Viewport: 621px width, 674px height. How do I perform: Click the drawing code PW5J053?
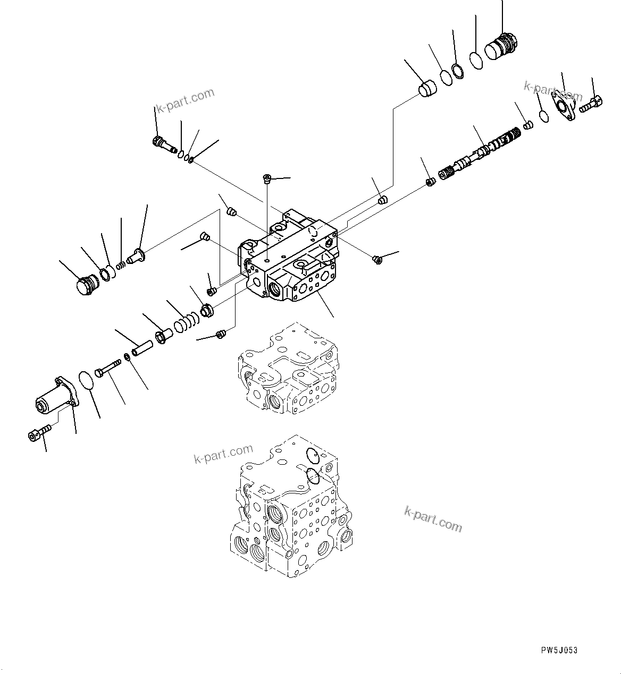[x=559, y=650]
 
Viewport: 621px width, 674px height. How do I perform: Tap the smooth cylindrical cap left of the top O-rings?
[x=427, y=88]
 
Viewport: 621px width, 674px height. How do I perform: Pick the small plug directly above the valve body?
[x=267, y=178]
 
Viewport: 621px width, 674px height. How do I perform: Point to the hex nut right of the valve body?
[x=377, y=259]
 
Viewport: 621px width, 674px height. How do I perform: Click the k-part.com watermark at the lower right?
[x=433, y=519]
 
